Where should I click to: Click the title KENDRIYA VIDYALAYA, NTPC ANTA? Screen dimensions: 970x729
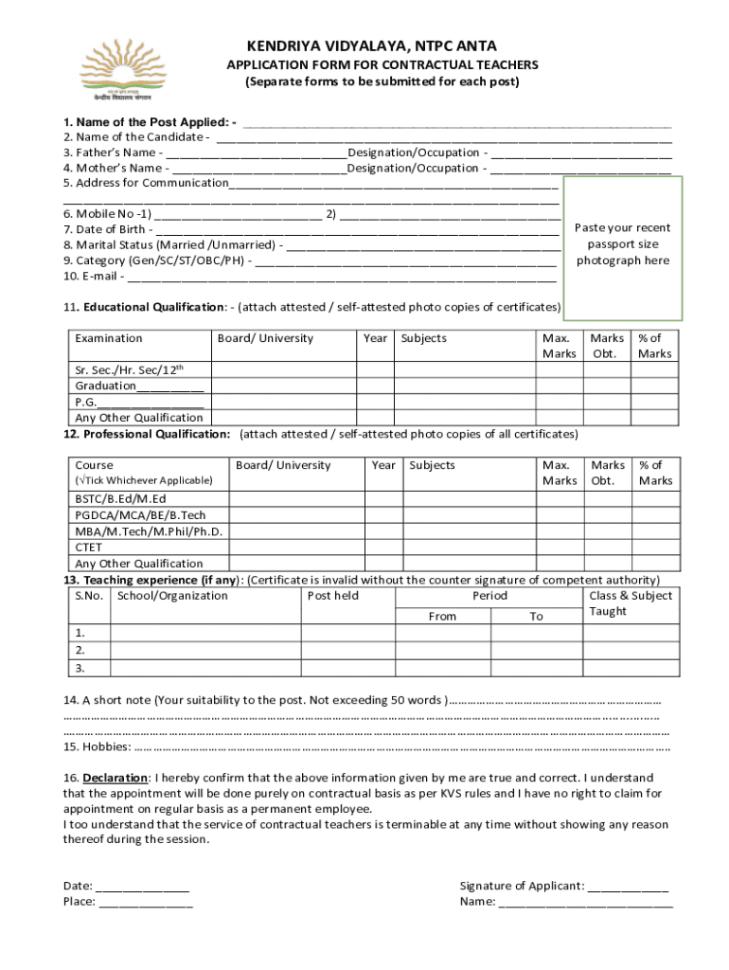[x=371, y=46]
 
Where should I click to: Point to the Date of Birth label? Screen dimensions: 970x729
[x=104, y=229]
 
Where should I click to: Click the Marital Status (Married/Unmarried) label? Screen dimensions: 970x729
[x=170, y=244]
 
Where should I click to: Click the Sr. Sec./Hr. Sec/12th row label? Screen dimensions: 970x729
[x=129, y=369]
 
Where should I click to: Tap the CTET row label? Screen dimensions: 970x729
[x=89, y=547]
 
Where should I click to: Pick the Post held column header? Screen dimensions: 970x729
[x=333, y=596]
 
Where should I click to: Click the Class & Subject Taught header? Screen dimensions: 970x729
[x=631, y=603]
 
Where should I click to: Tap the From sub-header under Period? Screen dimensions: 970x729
[x=442, y=617]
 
